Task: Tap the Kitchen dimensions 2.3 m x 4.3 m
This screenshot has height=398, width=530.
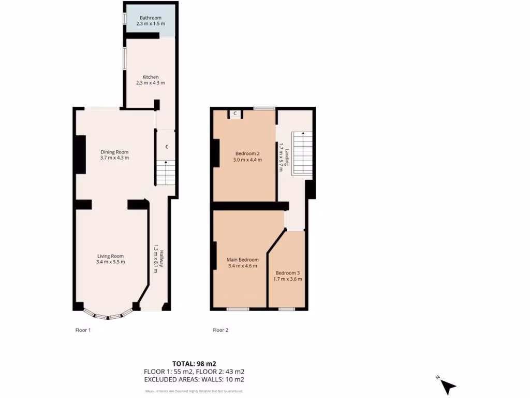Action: click(150, 83)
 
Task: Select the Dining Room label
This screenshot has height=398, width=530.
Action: click(114, 152)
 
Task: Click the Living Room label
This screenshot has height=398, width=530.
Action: click(110, 256)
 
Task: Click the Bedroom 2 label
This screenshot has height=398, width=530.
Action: click(247, 153)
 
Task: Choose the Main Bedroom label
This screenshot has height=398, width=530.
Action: click(242, 260)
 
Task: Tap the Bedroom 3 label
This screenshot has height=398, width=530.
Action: click(287, 273)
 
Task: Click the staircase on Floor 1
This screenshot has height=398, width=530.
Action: click(166, 173)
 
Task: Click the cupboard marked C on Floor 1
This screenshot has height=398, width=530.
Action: click(167, 147)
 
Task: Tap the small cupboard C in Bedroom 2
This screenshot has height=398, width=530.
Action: click(235, 113)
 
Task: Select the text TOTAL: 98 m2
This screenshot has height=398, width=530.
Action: click(194, 363)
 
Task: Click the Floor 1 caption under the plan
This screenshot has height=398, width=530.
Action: click(83, 330)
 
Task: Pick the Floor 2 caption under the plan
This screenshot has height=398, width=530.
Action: click(220, 330)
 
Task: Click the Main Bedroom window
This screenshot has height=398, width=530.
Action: click(238, 309)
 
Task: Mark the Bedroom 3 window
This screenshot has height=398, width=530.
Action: click(286, 309)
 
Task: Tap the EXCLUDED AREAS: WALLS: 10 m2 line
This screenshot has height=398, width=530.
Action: click(194, 379)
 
